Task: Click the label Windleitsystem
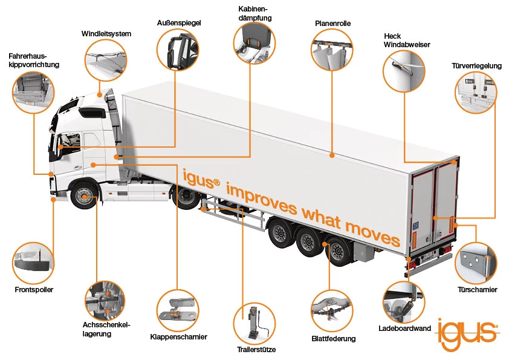click(106, 33)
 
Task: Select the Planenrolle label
click(332, 24)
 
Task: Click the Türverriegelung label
click(476, 66)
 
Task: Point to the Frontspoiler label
click(34, 290)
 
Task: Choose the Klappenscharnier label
click(178, 337)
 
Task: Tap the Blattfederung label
click(333, 339)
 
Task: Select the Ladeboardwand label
click(404, 329)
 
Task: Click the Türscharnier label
click(477, 290)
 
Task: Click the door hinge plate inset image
click(476, 263)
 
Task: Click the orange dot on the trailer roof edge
click(332, 156)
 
